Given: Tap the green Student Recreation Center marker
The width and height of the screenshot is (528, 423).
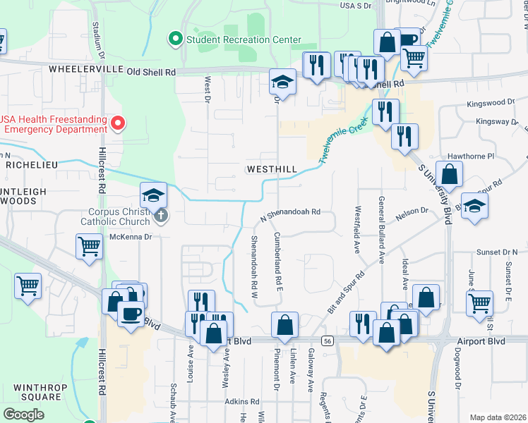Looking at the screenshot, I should coord(174,39).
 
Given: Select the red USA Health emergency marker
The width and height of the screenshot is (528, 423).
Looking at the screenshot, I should coord(118,124).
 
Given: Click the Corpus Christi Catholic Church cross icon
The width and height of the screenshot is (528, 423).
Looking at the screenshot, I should coord(161,216).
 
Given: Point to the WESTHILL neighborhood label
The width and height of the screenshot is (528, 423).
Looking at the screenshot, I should coord(271,170).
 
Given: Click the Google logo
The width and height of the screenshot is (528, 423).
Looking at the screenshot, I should coord(23,415).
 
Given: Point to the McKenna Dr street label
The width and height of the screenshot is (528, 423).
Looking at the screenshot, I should coord(129,238).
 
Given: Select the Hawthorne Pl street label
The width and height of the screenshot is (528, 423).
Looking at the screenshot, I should coord(467,156).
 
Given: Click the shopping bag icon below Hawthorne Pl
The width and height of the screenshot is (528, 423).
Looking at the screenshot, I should coord(449,173).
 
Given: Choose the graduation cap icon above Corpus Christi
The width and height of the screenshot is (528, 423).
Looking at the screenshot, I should coord(153,195).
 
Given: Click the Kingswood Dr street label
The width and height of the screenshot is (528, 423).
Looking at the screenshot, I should coord(491,104).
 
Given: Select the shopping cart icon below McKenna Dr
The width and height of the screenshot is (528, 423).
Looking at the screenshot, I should coord(89,247).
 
